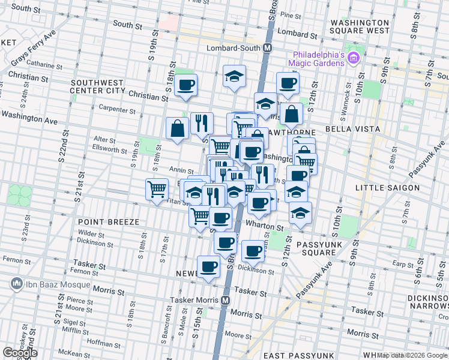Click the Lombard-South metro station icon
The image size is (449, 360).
pyautogui.click(x=268, y=48)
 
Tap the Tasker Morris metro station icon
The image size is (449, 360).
pyautogui.click(x=226, y=300)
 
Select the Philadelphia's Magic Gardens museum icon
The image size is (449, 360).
pyautogui.click(x=354, y=58)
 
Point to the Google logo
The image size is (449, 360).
pyautogui.click(x=20, y=353)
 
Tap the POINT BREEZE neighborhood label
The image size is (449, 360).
pyautogui.click(x=108, y=222)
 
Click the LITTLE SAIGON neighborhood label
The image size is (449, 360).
pyautogui.click(x=387, y=188)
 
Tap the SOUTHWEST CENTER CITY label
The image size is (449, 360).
pyautogui.click(x=97, y=87)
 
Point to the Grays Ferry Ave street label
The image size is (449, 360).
pyautogui.click(x=33, y=47)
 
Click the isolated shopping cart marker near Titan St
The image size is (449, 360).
pyautogui.click(x=157, y=189)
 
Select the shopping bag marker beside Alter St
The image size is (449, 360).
pyautogui.click(x=178, y=128)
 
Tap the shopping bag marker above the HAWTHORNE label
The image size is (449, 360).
pyautogui.click(x=291, y=113)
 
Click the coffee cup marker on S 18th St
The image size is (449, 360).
pyautogui.click(x=186, y=85)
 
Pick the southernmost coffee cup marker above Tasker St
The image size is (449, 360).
pyautogui.click(x=208, y=266)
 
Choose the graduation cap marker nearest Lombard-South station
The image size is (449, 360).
pyautogui.click(x=234, y=76)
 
